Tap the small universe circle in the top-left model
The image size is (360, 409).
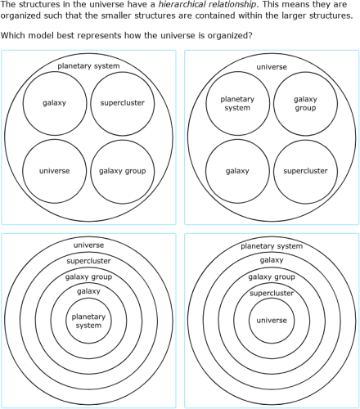[54, 171]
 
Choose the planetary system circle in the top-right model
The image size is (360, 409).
[237, 102]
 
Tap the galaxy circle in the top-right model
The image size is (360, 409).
[237, 171]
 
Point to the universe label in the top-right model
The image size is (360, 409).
[272, 66]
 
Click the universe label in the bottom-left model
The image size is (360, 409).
[88, 245]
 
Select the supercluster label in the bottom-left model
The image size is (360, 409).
[88, 261]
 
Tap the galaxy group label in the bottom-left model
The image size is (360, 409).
[88, 277]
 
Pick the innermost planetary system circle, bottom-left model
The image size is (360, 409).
[88, 321]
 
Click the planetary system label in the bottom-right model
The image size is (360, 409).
[272, 245]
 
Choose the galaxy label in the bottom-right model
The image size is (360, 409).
[272, 261]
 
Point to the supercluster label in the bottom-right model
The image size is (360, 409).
[272, 293]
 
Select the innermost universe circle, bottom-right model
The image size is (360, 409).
[272, 320]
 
